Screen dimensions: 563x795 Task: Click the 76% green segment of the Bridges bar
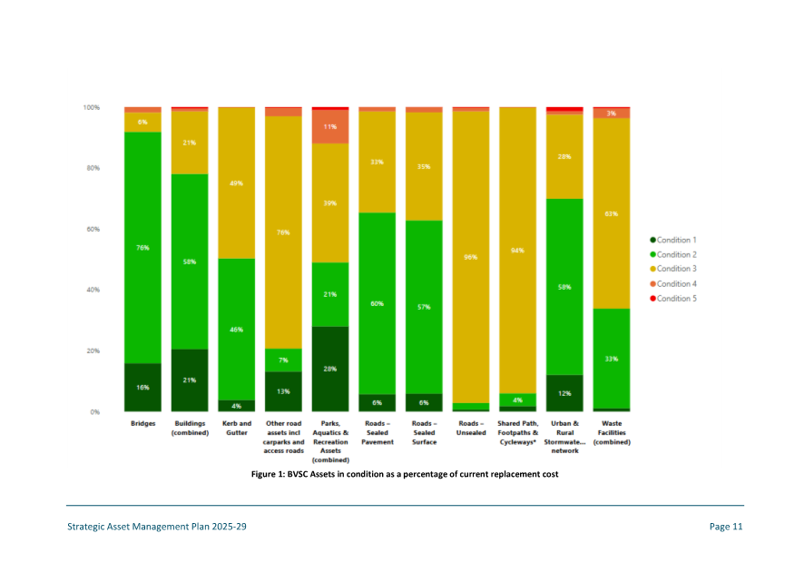(142, 247)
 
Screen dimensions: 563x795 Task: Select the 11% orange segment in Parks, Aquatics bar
(330, 127)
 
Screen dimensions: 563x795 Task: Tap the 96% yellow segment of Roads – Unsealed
(471, 257)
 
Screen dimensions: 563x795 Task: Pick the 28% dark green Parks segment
(330, 369)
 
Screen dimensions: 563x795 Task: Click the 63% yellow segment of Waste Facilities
(612, 213)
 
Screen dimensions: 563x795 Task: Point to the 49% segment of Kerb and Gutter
(237, 183)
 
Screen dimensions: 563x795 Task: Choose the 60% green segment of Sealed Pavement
(377, 303)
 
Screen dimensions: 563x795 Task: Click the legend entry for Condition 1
(672, 240)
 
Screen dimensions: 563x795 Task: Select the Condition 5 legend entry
(672, 298)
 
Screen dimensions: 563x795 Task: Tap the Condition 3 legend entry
(672, 269)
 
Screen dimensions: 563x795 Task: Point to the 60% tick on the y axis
(92, 229)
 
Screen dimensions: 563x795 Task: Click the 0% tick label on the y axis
(93, 412)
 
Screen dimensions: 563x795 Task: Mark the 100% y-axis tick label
(91, 107)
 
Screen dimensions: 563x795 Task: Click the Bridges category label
(142, 424)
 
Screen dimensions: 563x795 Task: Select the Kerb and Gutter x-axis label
(237, 428)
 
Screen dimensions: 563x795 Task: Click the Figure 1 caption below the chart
(404, 474)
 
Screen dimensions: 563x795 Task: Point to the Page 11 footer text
(726, 527)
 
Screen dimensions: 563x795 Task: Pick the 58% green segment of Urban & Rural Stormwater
(564, 287)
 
